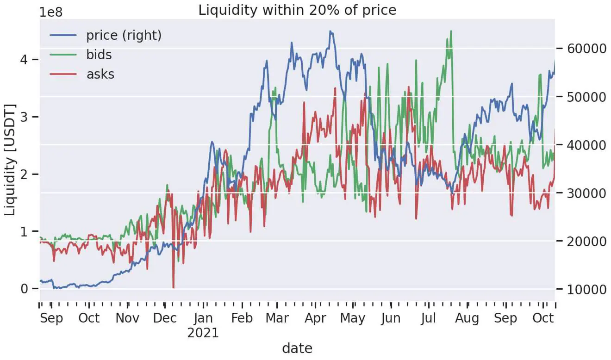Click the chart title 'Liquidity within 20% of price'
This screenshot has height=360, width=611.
[297, 10]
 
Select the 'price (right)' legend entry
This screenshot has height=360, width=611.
[124, 35]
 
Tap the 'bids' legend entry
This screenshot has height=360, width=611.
[99, 55]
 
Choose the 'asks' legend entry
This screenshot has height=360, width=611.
[100, 74]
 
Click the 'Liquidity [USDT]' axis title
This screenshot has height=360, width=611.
[10, 160]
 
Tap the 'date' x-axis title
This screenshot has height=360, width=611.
[297, 348]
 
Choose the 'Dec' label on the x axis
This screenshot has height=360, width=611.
[165, 318]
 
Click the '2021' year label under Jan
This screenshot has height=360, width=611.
[203, 333]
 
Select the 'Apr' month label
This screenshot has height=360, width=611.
[316, 318]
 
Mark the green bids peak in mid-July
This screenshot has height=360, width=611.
[450, 31]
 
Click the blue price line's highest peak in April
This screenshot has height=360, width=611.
[330, 31]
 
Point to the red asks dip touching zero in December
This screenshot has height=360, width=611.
[174, 287]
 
